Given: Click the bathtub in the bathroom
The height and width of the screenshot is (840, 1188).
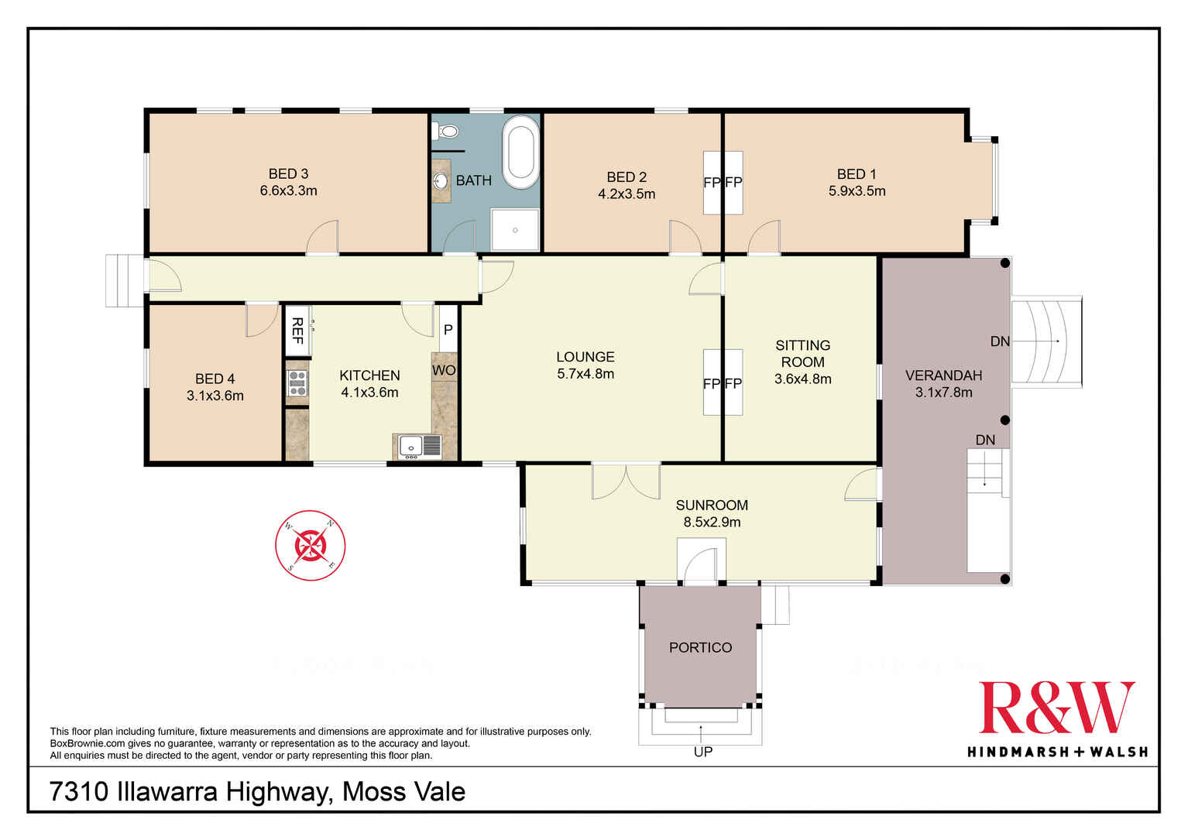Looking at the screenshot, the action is [x=520, y=153].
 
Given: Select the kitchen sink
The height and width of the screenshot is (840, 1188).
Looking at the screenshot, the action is [x=420, y=447].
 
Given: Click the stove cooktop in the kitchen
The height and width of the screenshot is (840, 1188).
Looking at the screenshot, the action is [x=297, y=383].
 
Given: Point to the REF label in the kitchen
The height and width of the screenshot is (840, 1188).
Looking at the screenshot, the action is [x=297, y=331].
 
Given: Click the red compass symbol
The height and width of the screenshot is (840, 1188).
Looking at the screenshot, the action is [x=311, y=545].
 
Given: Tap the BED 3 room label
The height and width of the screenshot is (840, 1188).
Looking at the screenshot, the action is [x=288, y=174].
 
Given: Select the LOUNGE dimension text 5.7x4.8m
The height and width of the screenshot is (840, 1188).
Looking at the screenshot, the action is [x=585, y=374].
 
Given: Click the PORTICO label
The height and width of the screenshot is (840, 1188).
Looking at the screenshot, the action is [x=700, y=647].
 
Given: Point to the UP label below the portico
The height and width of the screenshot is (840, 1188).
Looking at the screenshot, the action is [x=703, y=752].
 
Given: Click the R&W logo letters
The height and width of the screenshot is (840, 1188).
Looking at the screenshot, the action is [x=1057, y=708].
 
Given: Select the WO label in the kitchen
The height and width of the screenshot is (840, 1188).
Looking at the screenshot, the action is [x=444, y=370].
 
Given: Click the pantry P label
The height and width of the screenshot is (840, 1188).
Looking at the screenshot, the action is [x=448, y=330].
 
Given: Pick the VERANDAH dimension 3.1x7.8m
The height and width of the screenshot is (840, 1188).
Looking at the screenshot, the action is [x=943, y=393].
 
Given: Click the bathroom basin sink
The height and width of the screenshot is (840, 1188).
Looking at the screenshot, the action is [x=440, y=181].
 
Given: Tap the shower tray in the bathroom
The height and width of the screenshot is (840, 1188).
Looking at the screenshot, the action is [x=515, y=230].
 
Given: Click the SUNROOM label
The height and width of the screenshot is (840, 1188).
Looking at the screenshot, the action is [x=712, y=505].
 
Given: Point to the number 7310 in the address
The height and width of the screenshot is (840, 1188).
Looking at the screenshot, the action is [x=79, y=792].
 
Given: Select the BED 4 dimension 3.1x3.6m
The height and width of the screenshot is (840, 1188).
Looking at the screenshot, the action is [x=215, y=396].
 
